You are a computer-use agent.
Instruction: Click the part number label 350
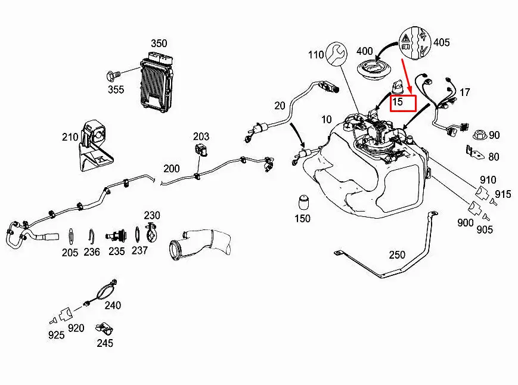point(159,44)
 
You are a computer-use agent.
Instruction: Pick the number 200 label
point(172,169)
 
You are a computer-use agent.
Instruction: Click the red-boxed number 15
point(397,102)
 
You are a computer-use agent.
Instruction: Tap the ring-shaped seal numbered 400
point(373,70)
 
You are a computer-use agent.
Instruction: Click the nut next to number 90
point(477,135)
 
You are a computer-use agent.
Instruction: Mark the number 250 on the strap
point(397,254)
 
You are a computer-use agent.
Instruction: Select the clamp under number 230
point(153,232)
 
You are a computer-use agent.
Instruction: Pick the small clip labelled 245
point(107,328)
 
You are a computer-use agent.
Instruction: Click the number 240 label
point(113,306)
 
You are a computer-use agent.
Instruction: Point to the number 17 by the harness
point(465,92)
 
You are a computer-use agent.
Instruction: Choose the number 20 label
point(280,106)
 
